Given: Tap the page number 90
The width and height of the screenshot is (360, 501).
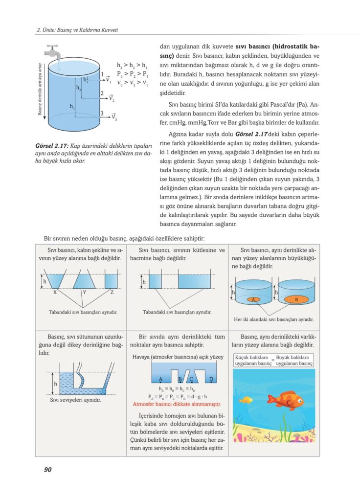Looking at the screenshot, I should (47, 470).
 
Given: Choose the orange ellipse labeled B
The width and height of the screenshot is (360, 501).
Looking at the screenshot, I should (296, 299).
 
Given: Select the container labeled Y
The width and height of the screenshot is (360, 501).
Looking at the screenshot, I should (84, 281).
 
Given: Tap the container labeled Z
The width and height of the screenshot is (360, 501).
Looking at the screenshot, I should (112, 281).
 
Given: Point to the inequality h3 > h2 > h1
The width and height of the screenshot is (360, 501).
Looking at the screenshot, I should (132, 65).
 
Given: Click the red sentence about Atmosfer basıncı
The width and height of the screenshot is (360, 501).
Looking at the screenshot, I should (177, 404).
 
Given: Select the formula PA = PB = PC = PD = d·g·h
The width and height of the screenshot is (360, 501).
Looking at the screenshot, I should (177, 396).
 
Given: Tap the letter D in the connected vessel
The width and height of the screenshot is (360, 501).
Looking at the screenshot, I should (211, 379).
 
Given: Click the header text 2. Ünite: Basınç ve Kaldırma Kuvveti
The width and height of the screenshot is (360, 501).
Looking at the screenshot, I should (78, 30).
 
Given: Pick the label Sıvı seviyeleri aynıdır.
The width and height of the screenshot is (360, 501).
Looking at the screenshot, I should (75, 400).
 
